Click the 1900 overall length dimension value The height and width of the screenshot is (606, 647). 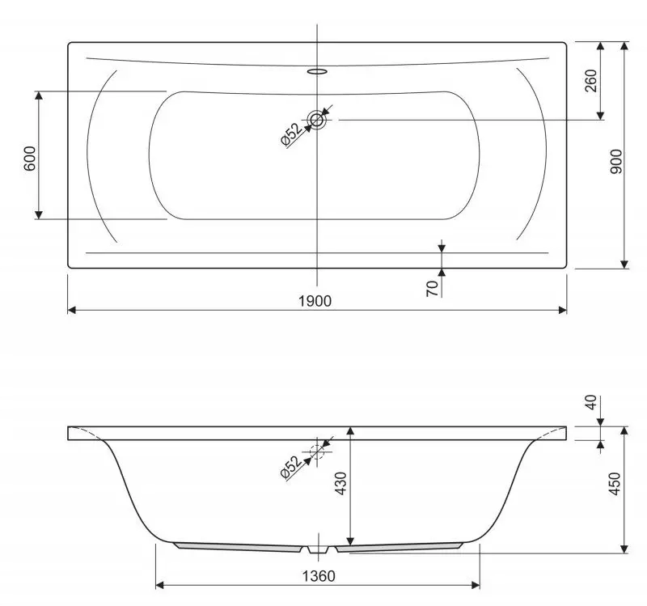pos(315,300)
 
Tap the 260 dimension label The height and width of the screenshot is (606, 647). pos(591,82)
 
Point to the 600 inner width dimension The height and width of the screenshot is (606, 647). pos(30,156)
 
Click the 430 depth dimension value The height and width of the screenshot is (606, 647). pos(341,484)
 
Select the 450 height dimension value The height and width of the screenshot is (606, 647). pos(615,485)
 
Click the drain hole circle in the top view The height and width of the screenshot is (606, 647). pos(317,120)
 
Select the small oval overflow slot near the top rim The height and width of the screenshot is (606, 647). pos(318,70)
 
